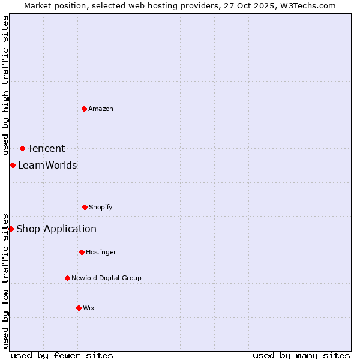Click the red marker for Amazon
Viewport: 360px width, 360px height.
[84, 109]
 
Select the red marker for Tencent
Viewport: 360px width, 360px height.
[22, 148]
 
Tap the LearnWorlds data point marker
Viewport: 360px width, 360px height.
[13, 165]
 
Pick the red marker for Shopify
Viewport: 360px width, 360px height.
[85, 207]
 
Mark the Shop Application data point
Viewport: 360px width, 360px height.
[11, 229]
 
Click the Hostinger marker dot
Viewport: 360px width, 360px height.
[82, 252]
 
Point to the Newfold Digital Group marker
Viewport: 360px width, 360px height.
[67, 278]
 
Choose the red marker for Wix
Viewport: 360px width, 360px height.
[79, 308]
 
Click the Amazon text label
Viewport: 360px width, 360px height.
[101, 109]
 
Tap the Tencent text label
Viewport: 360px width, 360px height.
[46, 148]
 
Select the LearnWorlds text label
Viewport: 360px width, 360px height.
[47, 165]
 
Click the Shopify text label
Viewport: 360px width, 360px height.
[101, 207]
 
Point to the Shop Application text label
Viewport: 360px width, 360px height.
[56, 229]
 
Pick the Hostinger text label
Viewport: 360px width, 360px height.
[101, 252]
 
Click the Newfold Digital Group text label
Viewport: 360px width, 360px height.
[106, 278]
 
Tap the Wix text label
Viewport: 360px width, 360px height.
[89, 308]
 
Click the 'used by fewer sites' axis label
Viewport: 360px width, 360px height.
[62, 355]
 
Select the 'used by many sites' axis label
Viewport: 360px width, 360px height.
[301, 355]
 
